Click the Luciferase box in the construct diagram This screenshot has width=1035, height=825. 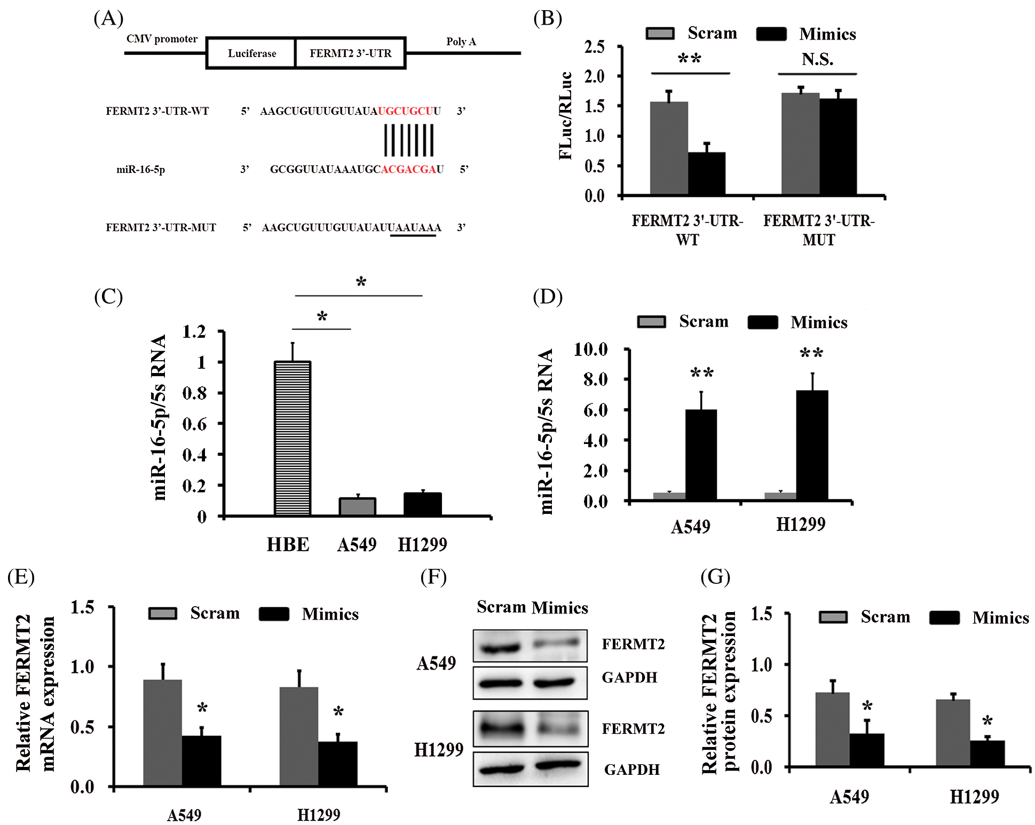[x=251, y=53]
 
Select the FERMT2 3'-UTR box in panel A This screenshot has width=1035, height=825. [x=350, y=53]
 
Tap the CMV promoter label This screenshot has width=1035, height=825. [x=162, y=39]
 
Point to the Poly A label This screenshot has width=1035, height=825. [x=461, y=42]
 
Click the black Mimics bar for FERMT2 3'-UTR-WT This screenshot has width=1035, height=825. [x=706, y=173]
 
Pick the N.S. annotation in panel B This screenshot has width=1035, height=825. [x=817, y=59]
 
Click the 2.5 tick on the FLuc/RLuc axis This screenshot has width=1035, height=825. [x=595, y=47]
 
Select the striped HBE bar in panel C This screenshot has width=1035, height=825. [x=293, y=438]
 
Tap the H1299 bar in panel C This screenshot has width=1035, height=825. [x=422, y=504]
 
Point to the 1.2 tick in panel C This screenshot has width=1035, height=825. [x=194, y=332]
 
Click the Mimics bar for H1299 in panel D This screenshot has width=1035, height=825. [x=812, y=445]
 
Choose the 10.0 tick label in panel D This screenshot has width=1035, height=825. [x=591, y=350]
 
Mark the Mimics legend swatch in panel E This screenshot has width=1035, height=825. [x=274, y=614]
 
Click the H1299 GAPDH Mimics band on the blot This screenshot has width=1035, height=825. [x=558, y=765]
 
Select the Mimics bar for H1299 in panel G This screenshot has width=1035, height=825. [x=987, y=753]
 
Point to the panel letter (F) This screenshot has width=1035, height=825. [x=433, y=577]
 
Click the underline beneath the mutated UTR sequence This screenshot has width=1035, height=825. [x=413, y=236]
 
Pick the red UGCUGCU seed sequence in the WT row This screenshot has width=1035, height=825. [x=406, y=111]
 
